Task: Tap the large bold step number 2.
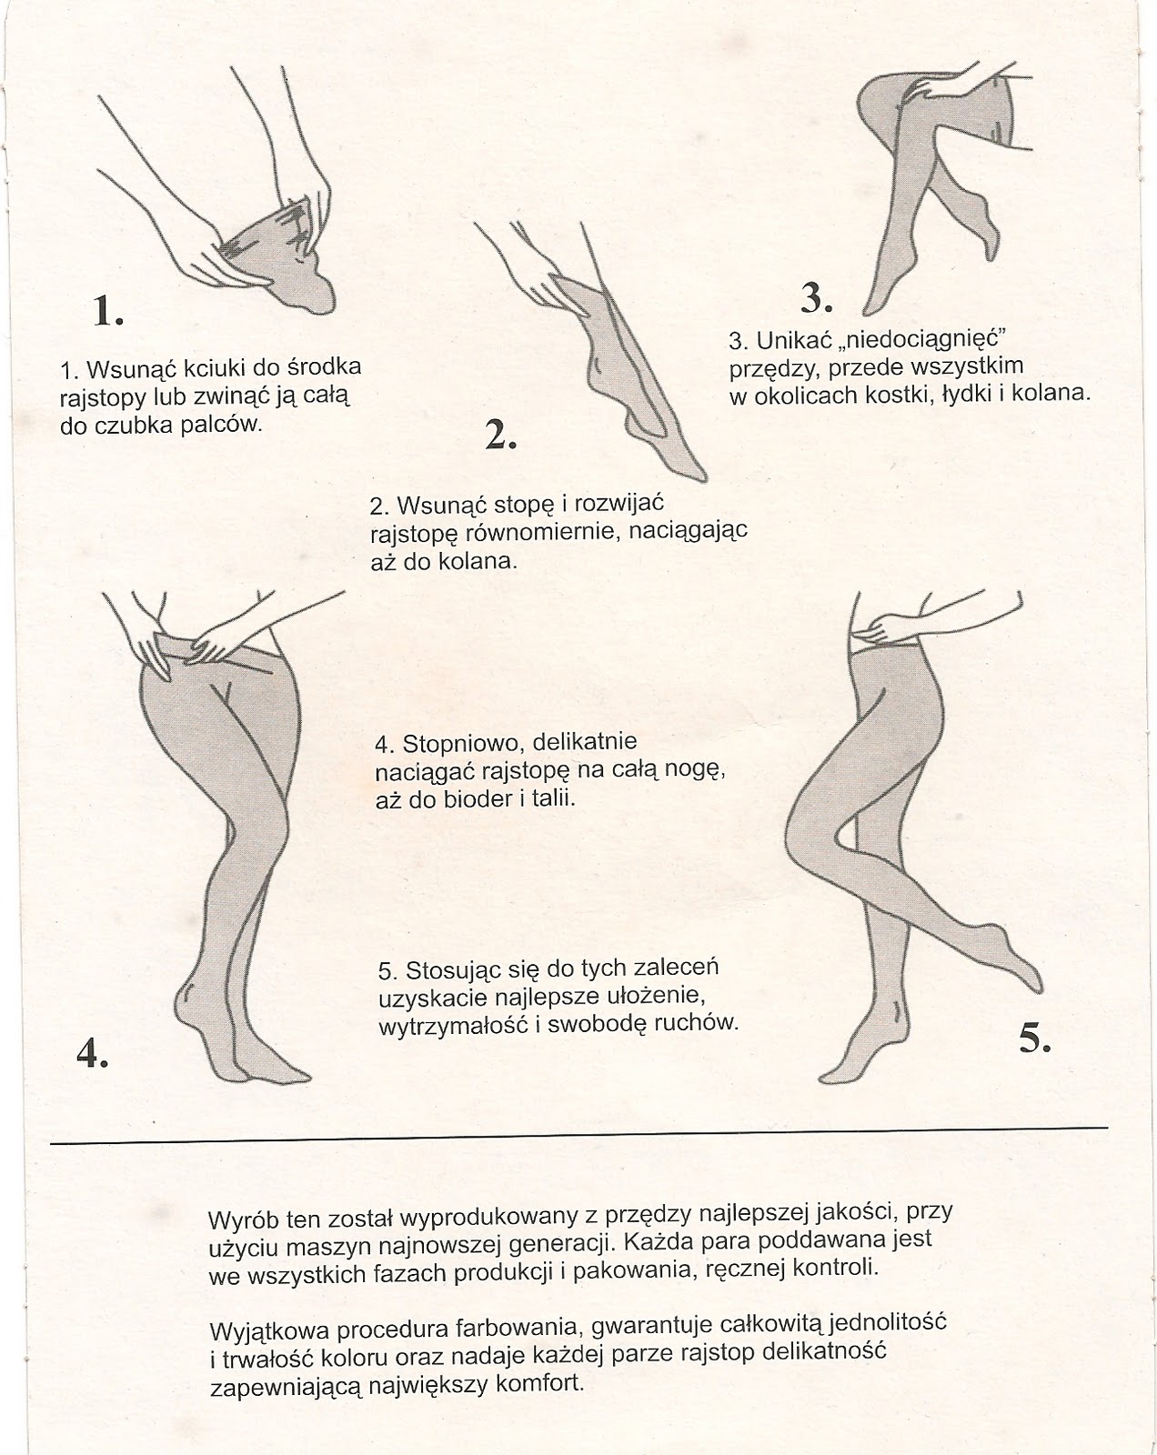(x=500, y=436)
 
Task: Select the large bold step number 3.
(x=817, y=296)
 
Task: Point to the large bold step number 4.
(x=93, y=1052)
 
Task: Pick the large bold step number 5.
(x=1035, y=1038)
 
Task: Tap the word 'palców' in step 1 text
(x=227, y=424)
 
